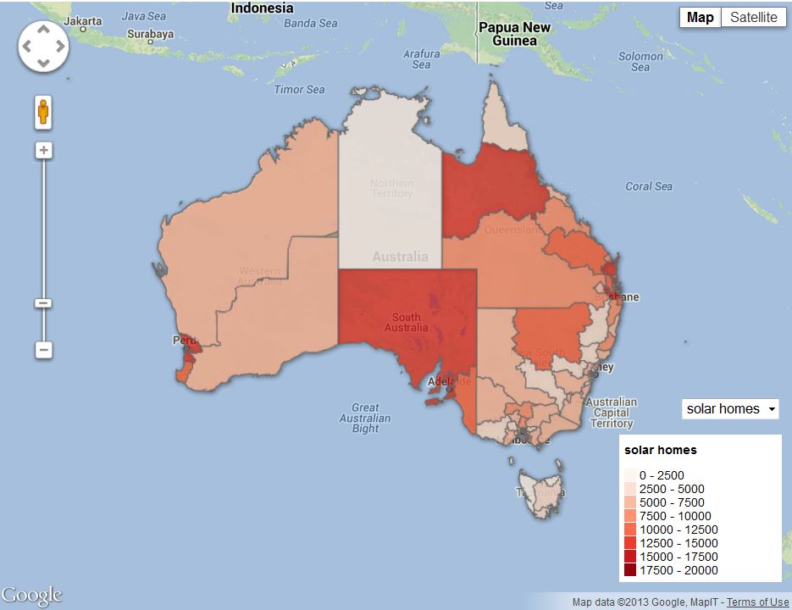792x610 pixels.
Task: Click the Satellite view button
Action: coord(753,18)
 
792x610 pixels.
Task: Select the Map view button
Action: coord(700,18)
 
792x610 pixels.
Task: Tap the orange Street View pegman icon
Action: coord(44,113)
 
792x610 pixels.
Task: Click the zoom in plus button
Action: coord(44,151)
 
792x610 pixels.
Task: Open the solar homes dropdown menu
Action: coord(730,409)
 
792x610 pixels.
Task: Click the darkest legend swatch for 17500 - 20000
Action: coord(630,570)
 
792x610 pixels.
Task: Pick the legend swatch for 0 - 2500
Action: coord(630,475)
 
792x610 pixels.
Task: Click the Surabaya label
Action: coord(150,35)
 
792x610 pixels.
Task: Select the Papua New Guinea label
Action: coord(514,34)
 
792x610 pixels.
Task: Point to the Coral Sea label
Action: coord(649,186)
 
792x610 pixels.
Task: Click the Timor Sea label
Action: coord(299,89)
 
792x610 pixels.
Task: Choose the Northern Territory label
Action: coord(391,188)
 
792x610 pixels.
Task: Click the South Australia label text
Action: coord(407,323)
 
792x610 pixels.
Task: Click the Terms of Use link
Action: coord(757,602)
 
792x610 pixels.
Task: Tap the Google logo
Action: coord(32,595)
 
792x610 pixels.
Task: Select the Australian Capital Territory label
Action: coord(611,413)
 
